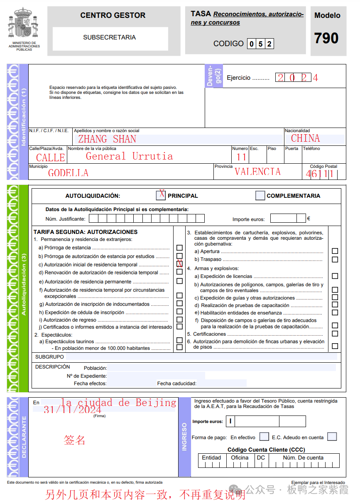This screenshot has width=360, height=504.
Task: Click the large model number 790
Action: coord(327,39)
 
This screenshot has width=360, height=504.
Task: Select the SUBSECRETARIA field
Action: coord(110,38)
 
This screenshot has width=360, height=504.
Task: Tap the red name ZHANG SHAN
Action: coord(107,139)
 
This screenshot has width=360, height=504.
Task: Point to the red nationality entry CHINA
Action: coord(305,138)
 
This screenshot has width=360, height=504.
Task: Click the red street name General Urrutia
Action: coord(129,156)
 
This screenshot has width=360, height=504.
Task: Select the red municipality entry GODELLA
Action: coord(68,173)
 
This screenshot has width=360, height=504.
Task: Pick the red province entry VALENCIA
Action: coord(257,172)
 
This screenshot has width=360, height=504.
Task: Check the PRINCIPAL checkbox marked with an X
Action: coord(161,195)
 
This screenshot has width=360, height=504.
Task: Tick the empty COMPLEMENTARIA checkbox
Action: coord(260,195)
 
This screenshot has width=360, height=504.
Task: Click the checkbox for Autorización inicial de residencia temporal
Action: coord(179,264)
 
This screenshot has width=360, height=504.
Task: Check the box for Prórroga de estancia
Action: coord(179,248)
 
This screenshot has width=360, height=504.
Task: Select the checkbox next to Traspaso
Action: coord(335,259)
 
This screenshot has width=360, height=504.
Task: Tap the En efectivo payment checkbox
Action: coord(264,437)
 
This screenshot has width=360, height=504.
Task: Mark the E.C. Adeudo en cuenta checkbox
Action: coord(331,437)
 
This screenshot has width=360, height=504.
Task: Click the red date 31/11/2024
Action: coord(72,410)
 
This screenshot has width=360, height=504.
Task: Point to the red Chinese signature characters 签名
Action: coord(75,440)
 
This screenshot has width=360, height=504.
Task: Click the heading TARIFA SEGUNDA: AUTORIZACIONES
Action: coord(85,232)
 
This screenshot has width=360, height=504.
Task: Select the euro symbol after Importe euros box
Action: coord(309,218)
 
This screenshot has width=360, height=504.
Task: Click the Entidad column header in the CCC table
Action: coord(211,457)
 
